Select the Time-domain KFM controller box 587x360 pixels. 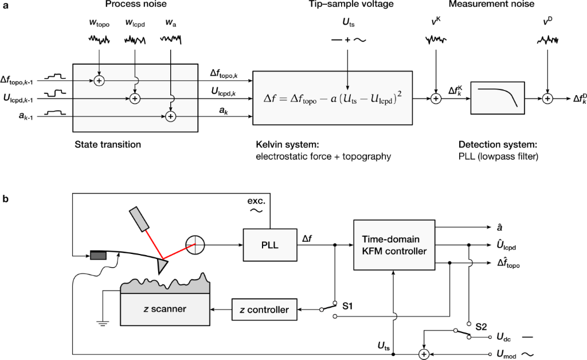pyautogui.click(x=392, y=244)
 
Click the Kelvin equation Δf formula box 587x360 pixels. pyautogui.click(x=333, y=98)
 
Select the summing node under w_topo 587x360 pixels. pyautogui.click(x=100, y=81)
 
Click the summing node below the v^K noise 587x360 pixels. pyautogui.click(x=436, y=99)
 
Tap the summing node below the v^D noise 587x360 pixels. pyautogui.click(x=548, y=99)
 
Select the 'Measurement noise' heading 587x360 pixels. pyautogui.click(x=491, y=5)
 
